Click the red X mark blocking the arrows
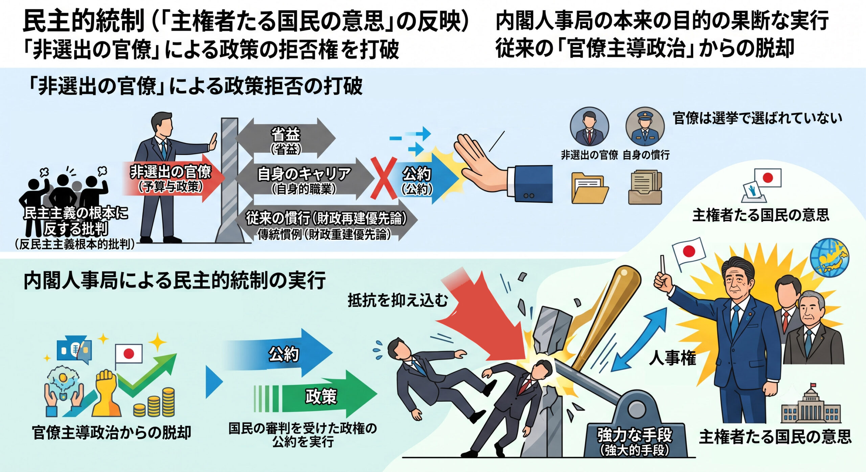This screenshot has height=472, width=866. [x=383, y=178]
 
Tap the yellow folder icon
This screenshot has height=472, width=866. [x=589, y=188]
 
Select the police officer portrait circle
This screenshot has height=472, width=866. [x=645, y=127]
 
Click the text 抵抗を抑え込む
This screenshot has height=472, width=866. [x=398, y=300]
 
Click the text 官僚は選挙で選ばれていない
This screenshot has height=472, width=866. [x=757, y=118]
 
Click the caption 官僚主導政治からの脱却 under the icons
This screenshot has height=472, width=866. [x=112, y=432]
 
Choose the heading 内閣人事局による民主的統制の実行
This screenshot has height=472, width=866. [x=175, y=281]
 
